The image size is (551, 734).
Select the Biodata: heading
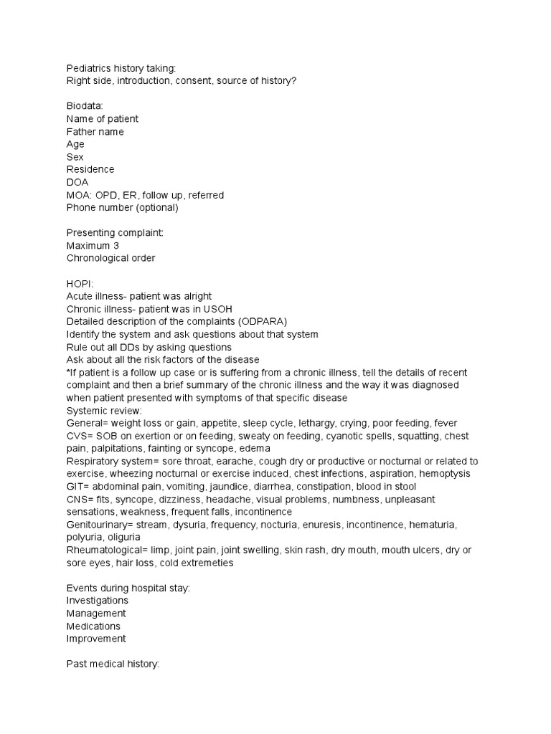85,106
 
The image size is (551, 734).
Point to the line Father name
95,132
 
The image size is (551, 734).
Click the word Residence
90,170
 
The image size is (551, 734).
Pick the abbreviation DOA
78,183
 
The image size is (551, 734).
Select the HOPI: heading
80,284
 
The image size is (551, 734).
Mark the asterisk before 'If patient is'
68,372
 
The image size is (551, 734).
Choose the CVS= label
80,436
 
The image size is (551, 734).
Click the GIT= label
77,487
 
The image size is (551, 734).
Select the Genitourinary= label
103,525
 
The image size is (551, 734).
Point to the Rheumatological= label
108,550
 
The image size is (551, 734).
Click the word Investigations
98,601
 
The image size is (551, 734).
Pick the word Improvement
96,639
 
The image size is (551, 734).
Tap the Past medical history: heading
113,664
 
